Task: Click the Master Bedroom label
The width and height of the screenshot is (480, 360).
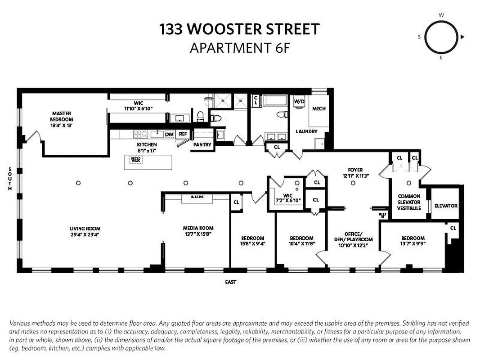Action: point(62,117)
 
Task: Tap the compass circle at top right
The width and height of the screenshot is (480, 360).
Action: point(441,37)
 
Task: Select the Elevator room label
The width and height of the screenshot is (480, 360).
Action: point(446,206)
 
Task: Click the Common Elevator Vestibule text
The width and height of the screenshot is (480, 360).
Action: point(409,202)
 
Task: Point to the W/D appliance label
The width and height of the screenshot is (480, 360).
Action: point(299,102)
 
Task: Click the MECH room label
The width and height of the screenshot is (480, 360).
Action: point(319,108)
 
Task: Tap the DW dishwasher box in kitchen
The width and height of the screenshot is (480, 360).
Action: point(169,134)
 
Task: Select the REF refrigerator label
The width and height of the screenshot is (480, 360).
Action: point(183,134)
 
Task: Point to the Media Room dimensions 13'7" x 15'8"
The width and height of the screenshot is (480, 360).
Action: point(198,234)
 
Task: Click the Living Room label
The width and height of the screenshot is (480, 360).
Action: point(85,229)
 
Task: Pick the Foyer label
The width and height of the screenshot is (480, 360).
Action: point(352,170)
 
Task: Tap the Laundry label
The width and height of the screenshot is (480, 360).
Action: point(306,131)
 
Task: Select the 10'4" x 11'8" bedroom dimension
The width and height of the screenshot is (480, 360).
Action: point(301,243)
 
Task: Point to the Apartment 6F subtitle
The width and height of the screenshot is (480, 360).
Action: point(239,48)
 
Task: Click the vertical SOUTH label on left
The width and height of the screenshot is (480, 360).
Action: point(10,179)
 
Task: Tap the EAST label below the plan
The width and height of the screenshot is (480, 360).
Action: point(231,282)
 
